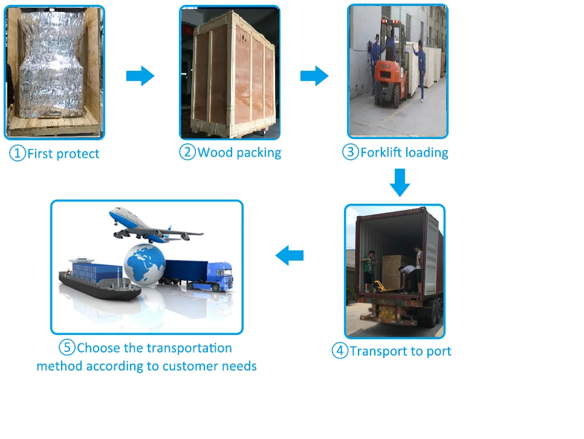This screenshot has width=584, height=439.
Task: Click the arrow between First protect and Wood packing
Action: pos(140,76)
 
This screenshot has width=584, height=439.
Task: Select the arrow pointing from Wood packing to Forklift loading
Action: pos(314,76)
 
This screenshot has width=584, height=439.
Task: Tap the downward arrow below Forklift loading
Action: pos(400,183)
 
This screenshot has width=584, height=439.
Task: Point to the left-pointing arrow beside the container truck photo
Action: pos(290,256)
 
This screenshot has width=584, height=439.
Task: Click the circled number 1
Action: pos(18,154)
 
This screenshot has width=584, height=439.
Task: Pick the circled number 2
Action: pos(187,152)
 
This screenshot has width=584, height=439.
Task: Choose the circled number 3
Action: pos(351,152)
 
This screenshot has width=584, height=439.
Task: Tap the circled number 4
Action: pos(340,351)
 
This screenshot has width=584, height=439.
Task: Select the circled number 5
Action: pos(67,348)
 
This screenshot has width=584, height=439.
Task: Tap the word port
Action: pos(438,351)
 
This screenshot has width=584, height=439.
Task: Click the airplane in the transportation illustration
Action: pos(154,226)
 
